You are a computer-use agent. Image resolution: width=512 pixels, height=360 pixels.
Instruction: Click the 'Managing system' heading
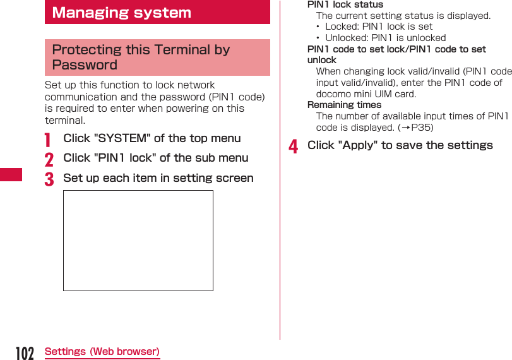click(x=121, y=13)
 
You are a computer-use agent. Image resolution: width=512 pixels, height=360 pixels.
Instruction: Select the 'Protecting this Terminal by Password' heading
click(x=141, y=57)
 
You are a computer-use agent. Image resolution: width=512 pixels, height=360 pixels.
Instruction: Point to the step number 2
click(x=49, y=159)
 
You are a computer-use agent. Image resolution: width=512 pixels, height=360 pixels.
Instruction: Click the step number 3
click(x=49, y=179)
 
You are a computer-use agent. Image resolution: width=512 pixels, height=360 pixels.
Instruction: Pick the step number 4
click(x=293, y=147)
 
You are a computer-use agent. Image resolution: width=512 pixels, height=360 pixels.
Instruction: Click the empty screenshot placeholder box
click(x=138, y=241)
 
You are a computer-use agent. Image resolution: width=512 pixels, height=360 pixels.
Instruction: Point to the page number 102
click(x=24, y=353)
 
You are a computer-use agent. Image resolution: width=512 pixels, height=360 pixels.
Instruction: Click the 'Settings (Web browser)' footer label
click(x=102, y=351)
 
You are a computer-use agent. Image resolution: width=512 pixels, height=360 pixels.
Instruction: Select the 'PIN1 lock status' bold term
click(x=345, y=4)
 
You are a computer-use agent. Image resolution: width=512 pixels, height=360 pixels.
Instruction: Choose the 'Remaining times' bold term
click(x=344, y=105)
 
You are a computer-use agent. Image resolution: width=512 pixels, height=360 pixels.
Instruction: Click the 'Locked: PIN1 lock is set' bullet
click(x=379, y=27)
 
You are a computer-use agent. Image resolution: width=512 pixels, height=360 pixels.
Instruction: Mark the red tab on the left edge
click(x=11, y=174)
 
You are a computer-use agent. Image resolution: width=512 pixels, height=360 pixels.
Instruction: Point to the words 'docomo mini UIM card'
click(x=366, y=94)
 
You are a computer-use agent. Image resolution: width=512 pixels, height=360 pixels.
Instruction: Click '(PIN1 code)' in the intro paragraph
click(x=236, y=97)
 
